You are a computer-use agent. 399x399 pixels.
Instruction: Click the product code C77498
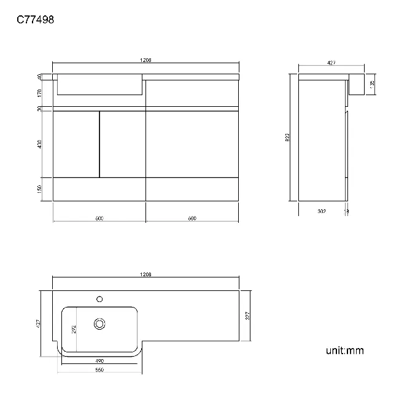click(x=35, y=20)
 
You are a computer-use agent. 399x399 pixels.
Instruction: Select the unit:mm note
click(x=344, y=351)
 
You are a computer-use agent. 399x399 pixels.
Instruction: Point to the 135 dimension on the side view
click(x=372, y=83)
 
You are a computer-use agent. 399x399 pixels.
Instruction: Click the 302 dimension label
click(x=321, y=211)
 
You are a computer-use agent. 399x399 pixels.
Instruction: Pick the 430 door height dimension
click(x=40, y=144)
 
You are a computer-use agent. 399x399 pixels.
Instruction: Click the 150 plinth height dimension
click(x=40, y=188)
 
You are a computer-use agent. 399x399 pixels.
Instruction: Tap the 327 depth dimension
click(x=248, y=316)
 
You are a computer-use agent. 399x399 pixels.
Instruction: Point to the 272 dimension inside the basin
click(x=74, y=329)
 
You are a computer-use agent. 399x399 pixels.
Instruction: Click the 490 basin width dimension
click(x=99, y=360)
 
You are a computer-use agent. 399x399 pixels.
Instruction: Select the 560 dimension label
click(x=99, y=370)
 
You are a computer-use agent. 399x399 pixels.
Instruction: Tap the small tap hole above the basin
click(x=99, y=300)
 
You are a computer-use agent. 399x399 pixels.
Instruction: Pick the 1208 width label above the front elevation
click(x=145, y=60)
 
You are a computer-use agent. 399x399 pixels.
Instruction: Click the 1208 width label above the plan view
click(x=145, y=274)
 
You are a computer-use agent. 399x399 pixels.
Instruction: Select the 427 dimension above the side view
click(x=331, y=62)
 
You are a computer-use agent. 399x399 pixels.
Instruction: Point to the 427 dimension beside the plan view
click(x=38, y=323)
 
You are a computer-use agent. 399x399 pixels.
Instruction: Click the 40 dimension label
click(x=40, y=76)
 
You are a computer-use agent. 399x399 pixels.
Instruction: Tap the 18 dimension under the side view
click(x=347, y=211)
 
